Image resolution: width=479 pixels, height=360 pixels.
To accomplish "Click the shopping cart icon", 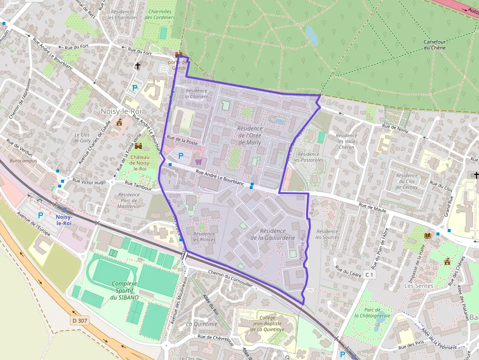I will (198, 162).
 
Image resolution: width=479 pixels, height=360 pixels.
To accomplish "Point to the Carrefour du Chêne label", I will (434, 44).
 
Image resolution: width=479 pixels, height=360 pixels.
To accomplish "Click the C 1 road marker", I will (370, 275).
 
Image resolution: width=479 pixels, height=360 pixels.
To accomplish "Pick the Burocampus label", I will (23, 160).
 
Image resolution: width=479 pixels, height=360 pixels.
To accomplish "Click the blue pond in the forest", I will (311, 36).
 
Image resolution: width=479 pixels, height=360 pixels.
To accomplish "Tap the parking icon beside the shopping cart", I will (181, 156).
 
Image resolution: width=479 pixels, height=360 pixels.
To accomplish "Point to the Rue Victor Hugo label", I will (89, 181).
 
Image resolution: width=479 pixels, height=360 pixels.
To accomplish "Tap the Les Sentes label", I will (419, 286).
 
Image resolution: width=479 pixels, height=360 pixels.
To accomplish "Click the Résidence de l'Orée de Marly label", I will (249, 135).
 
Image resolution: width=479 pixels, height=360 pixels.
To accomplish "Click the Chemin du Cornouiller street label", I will (230, 278).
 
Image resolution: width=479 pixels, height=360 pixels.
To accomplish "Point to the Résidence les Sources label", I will (327, 234).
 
